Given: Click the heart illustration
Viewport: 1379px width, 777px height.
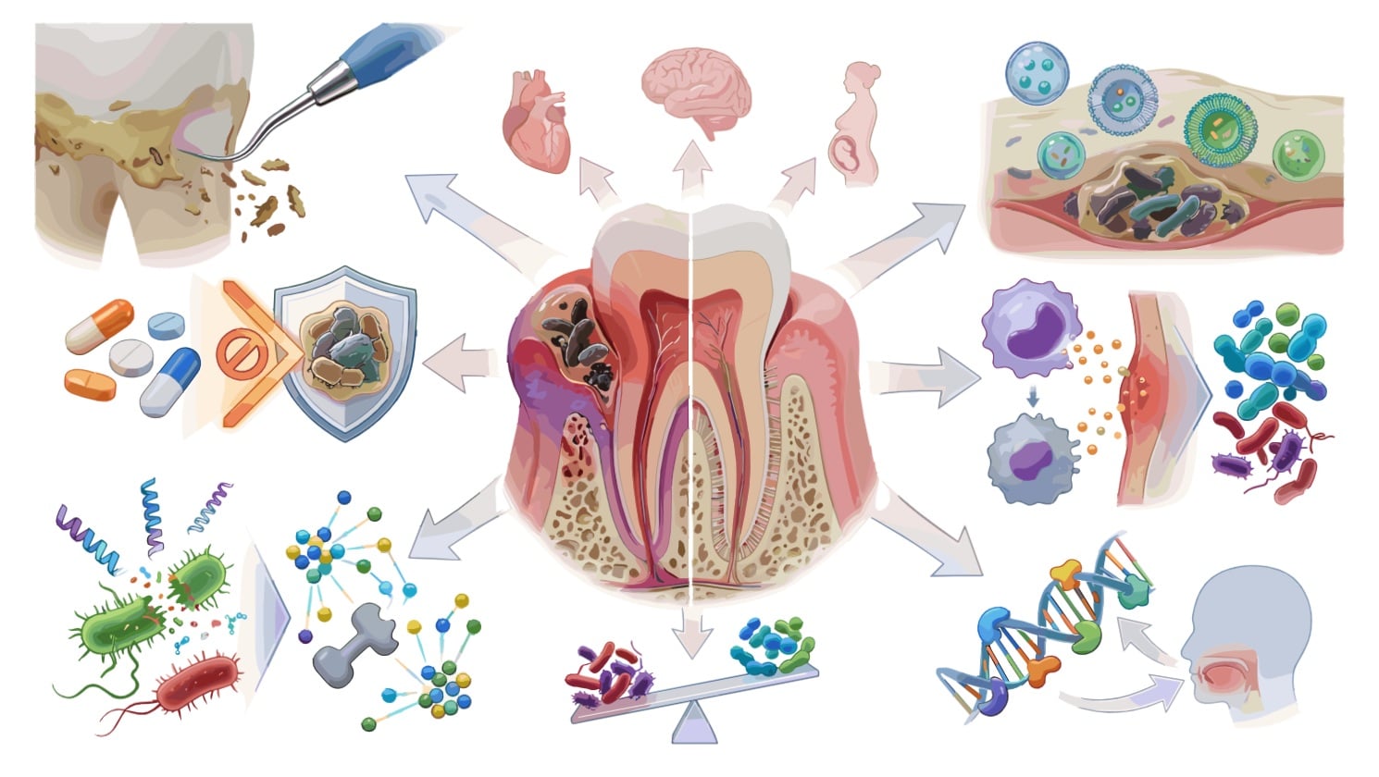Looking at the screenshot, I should click(536, 121).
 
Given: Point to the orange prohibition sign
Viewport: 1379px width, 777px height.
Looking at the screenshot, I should click(236, 352).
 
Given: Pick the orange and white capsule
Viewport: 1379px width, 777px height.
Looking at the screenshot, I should click(99, 325).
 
